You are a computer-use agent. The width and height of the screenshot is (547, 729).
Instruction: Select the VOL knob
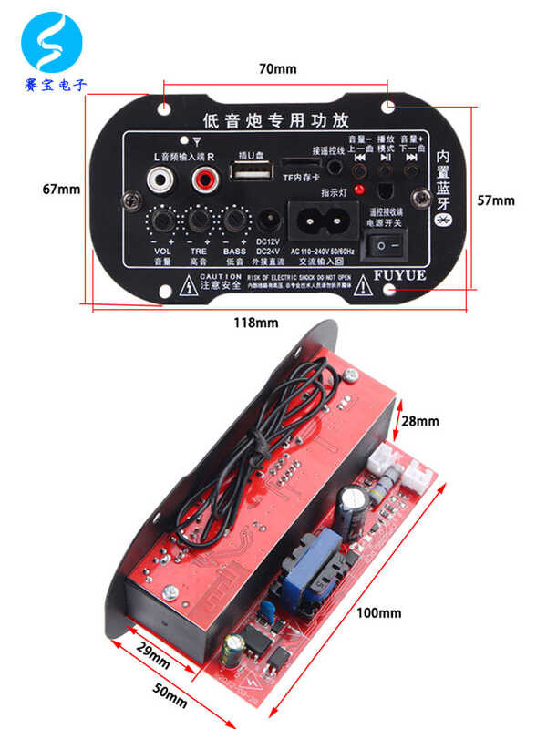click(x=162, y=221)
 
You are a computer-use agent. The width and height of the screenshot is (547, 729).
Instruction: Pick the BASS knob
click(x=234, y=221)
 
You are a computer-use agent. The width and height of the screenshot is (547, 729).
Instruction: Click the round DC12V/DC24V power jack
click(x=269, y=221)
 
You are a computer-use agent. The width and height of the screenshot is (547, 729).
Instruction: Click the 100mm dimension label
click(x=378, y=612)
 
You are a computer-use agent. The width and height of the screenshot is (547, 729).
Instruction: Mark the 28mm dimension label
click(x=420, y=421)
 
